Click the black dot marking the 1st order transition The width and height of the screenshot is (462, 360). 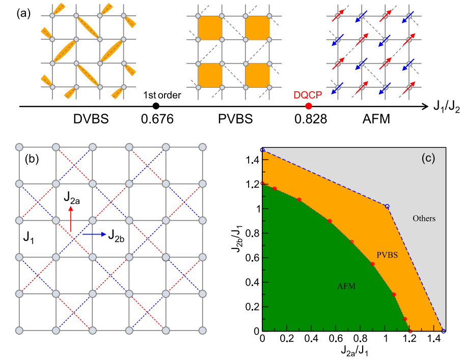click(x=156, y=106)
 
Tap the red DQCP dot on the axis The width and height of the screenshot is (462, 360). click(x=309, y=106)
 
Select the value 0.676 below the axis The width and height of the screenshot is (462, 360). click(x=157, y=119)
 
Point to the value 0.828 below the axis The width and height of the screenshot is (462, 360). click(x=311, y=119)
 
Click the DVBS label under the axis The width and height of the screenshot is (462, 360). click(x=91, y=119)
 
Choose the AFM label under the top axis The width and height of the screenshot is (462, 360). click(x=376, y=119)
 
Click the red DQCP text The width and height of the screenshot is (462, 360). click(x=308, y=95)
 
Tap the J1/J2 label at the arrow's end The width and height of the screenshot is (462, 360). click(x=446, y=107)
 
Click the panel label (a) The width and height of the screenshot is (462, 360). click(x=23, y=14)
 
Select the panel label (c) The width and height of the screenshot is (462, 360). click(x=428, y=159)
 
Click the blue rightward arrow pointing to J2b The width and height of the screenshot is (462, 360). click(x=94, y=235)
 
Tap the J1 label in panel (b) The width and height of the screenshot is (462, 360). click(x=29, y=238)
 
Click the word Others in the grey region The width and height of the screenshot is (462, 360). click(x=424, y=218)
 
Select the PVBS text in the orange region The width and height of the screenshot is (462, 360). click(x=387, y=255)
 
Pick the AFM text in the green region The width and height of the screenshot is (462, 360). click(x=346, y=286)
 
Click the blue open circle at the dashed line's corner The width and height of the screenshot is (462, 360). click(x=387, y=207)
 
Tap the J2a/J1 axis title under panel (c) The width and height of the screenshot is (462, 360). click(x=355, y=351)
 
